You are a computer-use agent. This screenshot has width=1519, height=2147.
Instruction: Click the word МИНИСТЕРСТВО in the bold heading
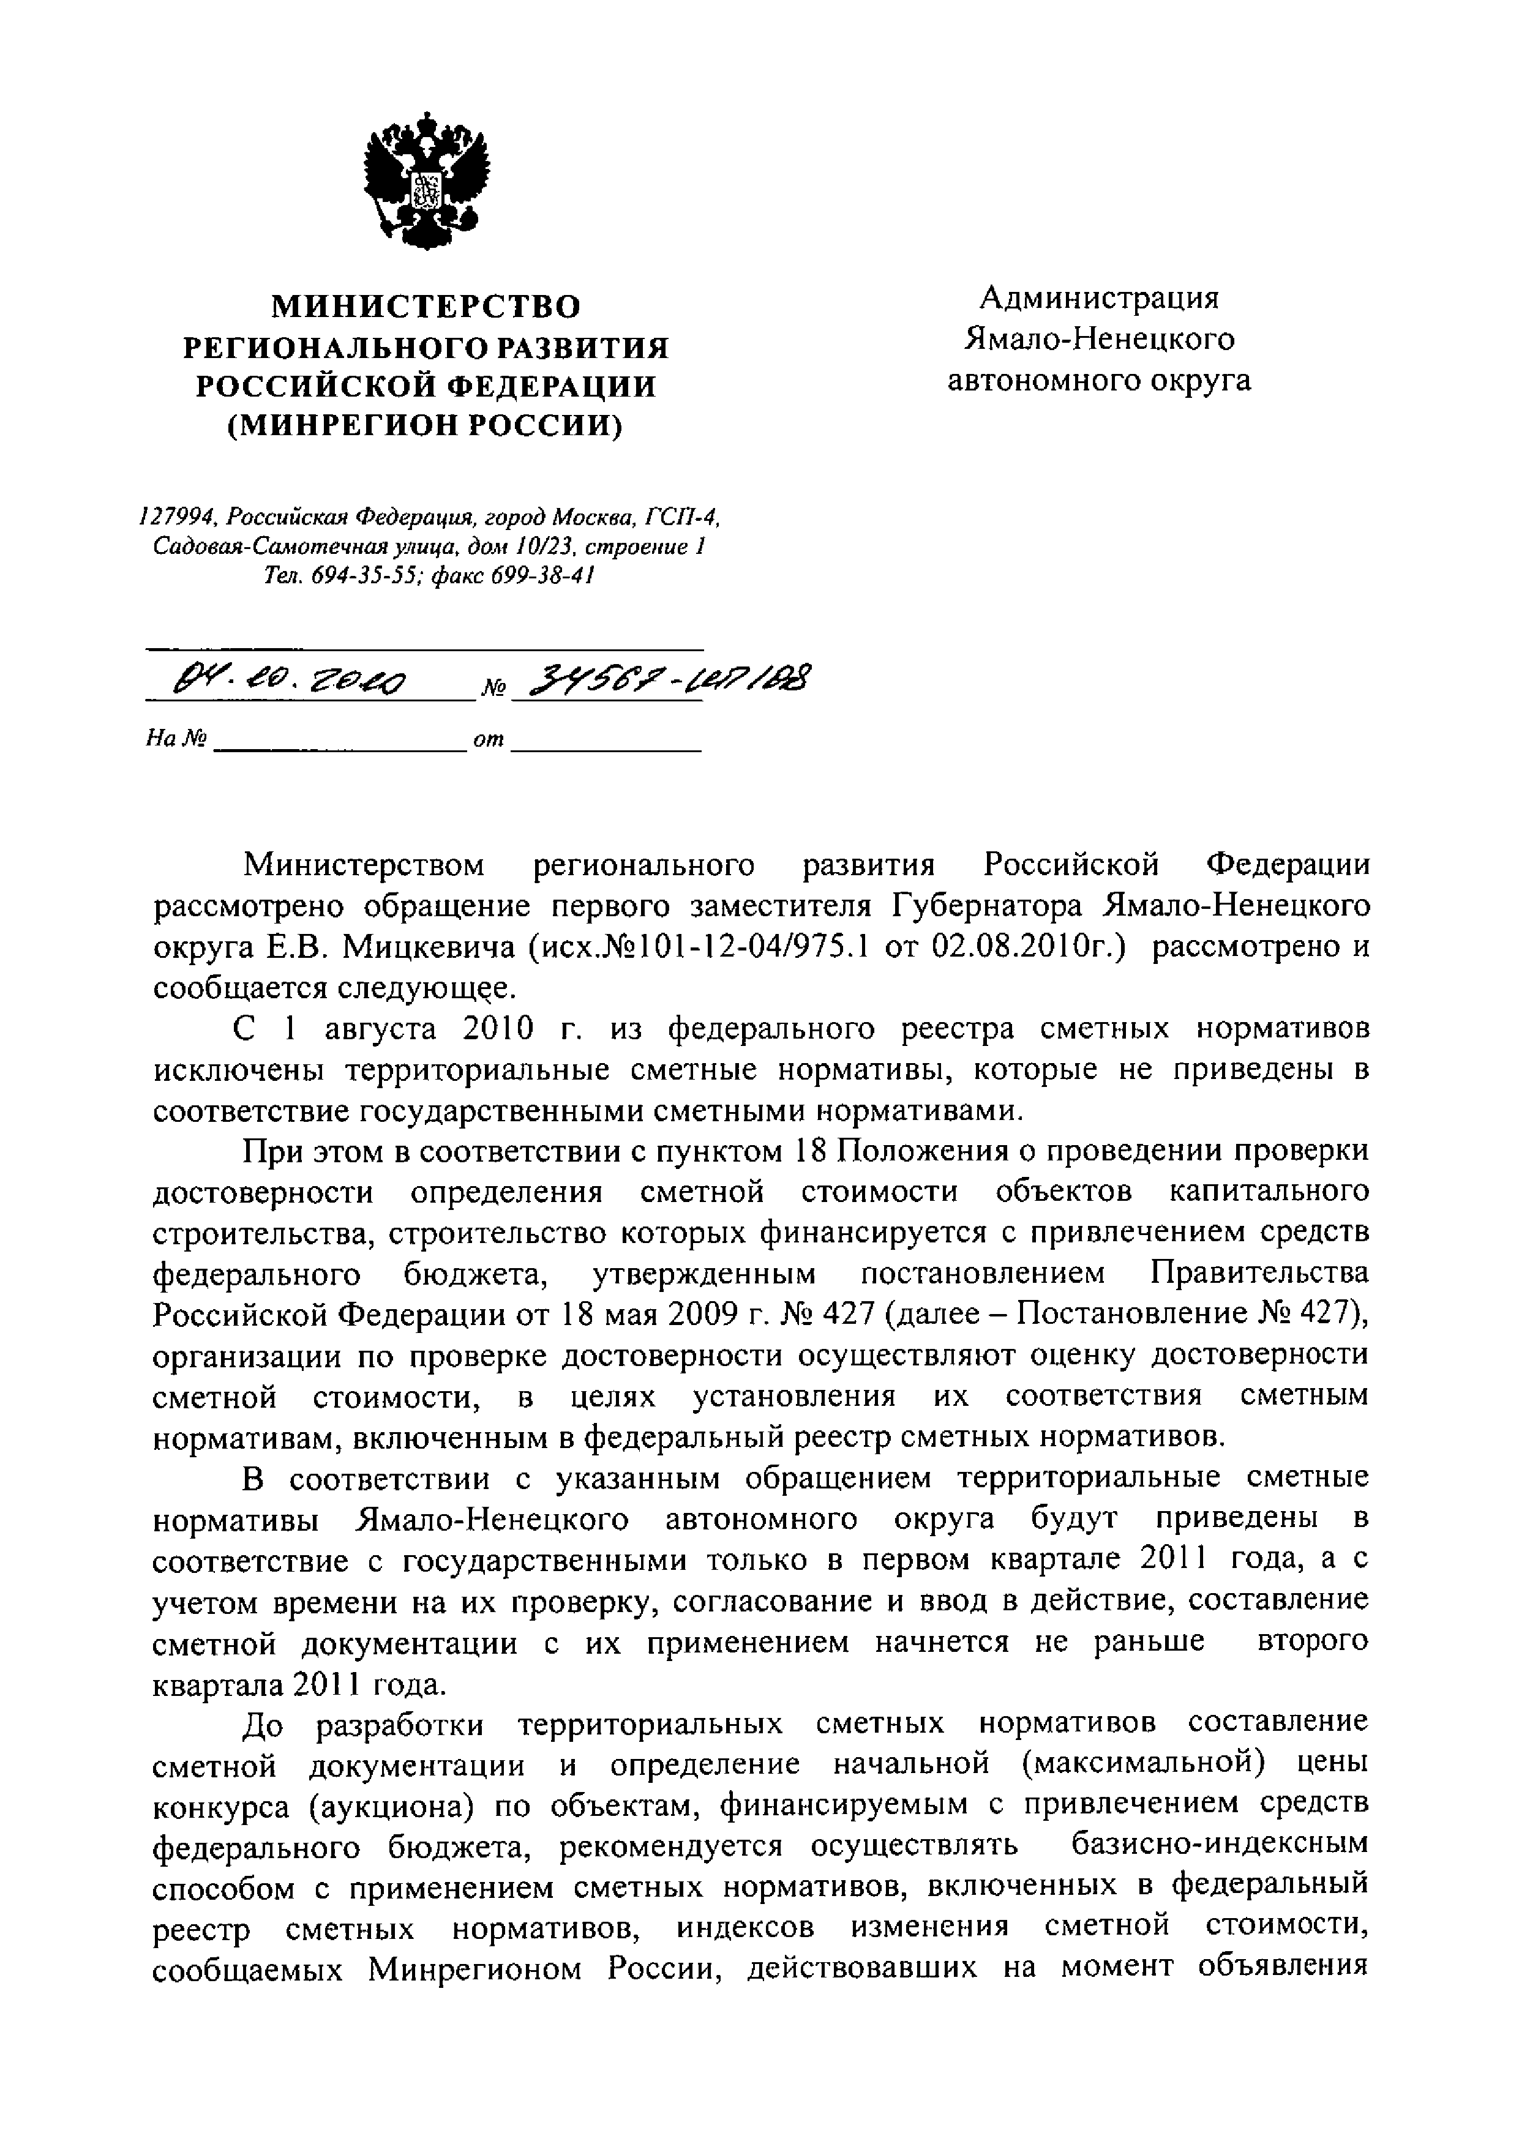pyautogui.click(x=426, y=307)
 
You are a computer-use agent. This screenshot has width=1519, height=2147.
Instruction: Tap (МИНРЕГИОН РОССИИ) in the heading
pyautogui.click(x=426, y=427)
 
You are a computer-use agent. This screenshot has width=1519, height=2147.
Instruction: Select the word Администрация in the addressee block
pyautogui.click(x=1099, y=297)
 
